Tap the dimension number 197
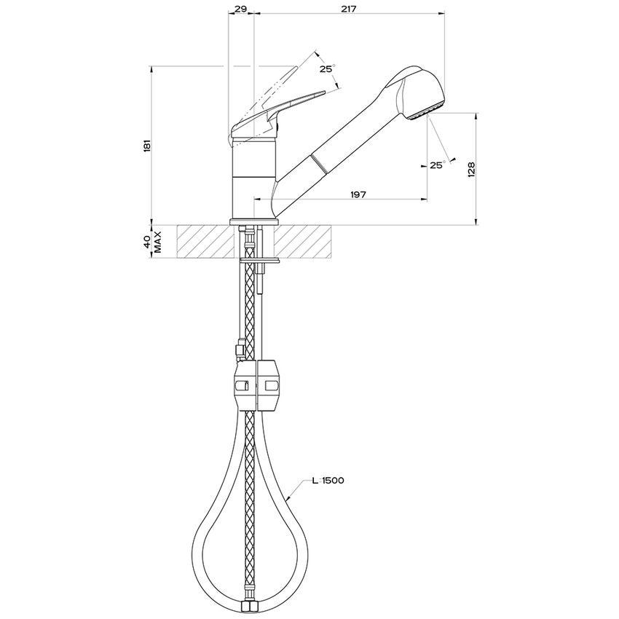pyautogui.click(x=357, y=194)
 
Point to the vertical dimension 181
pyautogui.click(x=147, y=145)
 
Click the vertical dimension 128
pyautogui.click(x=471, y=169)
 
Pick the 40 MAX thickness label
pyautogui.click(x=152, y=242)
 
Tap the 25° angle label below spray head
pyautogui.click(x=437, y=165)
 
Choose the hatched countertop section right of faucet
pyautogui.click(x=306, y=241)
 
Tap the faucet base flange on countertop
pyautogui.click(x=253, y=221)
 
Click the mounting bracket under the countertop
pyautogui.click(x=262, y=260)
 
